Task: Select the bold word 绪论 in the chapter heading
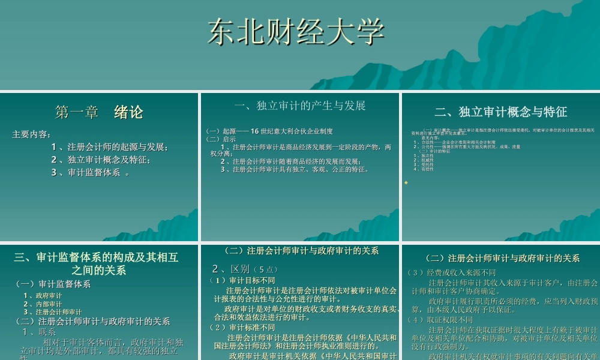(129, 112)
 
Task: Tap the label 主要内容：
(32, 134)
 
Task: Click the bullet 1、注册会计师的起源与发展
(110, 147)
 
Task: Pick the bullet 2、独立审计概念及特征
(101, 160)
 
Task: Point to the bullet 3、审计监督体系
(90, 173)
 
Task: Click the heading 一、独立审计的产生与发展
(300, 106)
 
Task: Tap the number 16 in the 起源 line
(254, 131)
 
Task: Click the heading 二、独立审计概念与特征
(500, 112)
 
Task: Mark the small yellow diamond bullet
(406, 182)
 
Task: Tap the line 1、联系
(40, 332)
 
